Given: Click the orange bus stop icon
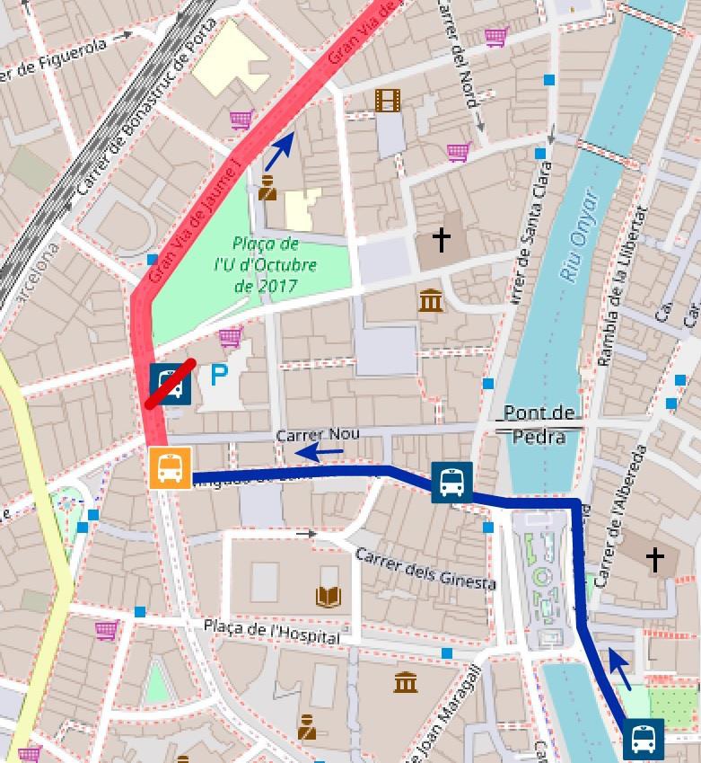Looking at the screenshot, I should coord(170,468).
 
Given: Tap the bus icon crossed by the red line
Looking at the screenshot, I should coord(171,385).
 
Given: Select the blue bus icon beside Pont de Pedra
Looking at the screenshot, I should coord(451,482).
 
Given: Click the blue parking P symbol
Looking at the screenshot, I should coord(219,375).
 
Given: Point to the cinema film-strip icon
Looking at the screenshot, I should coord(388,100).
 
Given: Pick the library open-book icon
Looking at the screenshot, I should coord(329,596).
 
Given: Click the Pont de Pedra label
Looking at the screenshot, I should coord(539,424).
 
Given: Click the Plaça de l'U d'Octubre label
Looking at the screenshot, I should coord(265,265).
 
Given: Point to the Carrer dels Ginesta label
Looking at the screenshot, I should coord(425,569).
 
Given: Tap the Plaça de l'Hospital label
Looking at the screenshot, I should coord(271,631).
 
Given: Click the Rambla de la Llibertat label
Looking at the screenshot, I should coord(623,286).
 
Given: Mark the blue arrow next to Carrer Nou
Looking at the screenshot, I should coord(319,452).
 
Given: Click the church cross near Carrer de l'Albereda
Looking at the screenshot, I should coord(656,560).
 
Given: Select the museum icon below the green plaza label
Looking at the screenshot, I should coord(431,300).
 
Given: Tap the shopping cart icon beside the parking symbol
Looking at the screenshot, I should coord(231,338).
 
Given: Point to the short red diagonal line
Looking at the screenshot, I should coord(171,384).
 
